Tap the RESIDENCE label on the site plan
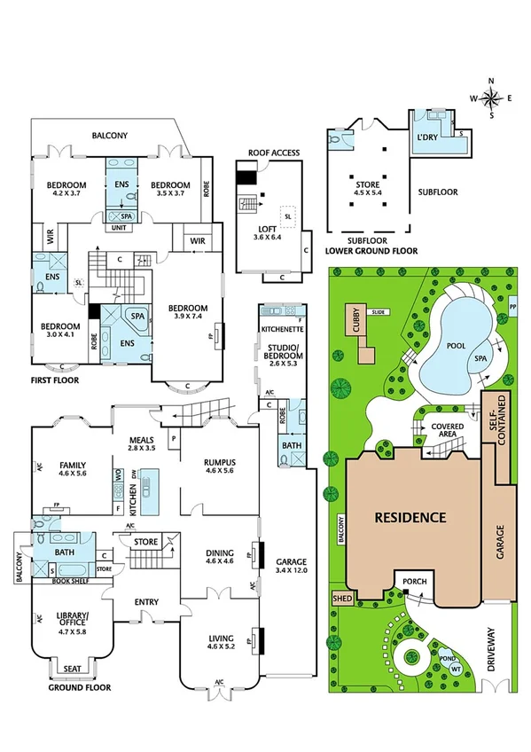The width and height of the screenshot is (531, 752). tap(409, 517)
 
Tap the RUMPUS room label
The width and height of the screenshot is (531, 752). tap(218, 464)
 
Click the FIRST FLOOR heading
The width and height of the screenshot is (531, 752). tap(52, 380)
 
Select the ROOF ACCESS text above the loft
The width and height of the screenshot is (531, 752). tap(274, 153)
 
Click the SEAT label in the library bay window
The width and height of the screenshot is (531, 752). tap(66, 670)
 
